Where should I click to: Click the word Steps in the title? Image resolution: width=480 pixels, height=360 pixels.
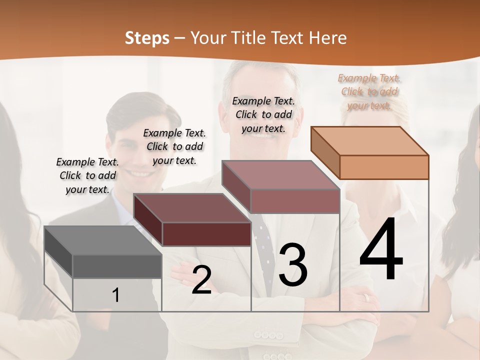147,38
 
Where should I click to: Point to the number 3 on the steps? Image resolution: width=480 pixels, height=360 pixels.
293,265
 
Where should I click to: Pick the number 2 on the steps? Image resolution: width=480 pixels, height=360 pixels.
201,280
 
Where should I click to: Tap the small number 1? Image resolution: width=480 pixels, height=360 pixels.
116,295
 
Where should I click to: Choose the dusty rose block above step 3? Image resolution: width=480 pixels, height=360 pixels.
281,186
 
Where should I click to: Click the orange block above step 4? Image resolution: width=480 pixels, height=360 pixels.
370,152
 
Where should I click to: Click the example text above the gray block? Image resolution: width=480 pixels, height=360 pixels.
87,175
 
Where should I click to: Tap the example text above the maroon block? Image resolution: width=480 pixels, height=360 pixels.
174,146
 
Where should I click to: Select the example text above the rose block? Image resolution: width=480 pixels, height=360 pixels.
263,114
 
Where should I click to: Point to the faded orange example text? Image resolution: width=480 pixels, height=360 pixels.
369,91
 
